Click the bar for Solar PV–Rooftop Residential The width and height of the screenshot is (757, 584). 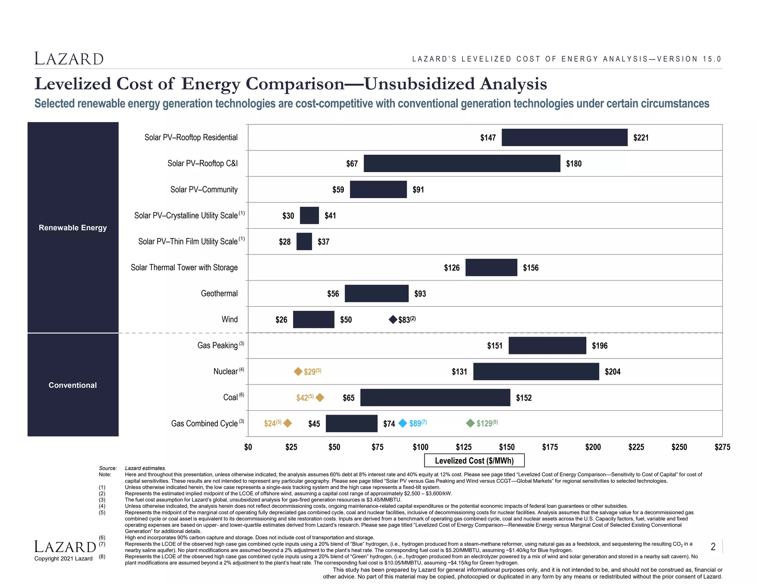tap(564, 137)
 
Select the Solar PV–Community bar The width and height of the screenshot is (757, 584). tap(378, 189)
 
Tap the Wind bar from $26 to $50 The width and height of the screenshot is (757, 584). tap(313, 319)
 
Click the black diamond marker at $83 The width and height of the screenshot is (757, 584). tap(393, 319)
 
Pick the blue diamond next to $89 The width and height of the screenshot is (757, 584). tap(403, 423)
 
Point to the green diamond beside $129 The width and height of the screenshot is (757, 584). tap(470, 423)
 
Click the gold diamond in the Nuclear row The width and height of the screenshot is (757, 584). tap(298, 371)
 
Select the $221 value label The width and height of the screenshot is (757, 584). tap(641, 138)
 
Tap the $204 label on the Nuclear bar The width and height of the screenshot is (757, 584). tap(612, 372)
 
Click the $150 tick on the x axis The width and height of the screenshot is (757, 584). tap(506, 447)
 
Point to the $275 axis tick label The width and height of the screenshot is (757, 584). tap(722, 447)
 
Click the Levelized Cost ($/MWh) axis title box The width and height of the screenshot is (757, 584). tap(474, 460)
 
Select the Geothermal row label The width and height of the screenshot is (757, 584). tap(219, 293)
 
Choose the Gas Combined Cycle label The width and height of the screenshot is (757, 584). tap(204, 423)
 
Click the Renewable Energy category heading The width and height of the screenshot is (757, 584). tap(73, 227)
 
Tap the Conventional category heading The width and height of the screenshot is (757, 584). tap(73, 385)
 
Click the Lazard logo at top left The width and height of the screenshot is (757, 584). tap(69, 59)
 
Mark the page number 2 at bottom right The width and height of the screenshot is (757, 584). tap(713, 546)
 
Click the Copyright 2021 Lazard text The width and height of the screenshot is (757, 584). tap(63, 559)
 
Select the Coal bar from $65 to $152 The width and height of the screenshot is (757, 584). tap(435, 397)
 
